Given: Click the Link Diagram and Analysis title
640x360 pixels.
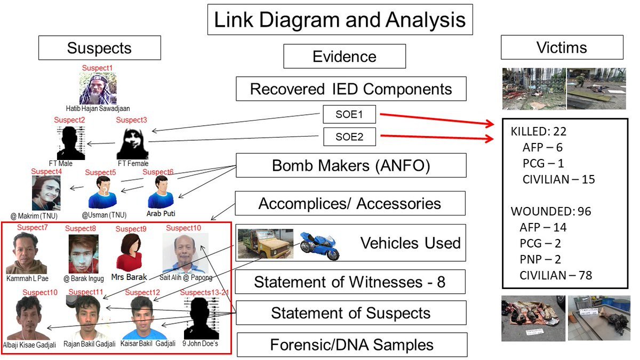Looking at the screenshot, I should pos(340,20).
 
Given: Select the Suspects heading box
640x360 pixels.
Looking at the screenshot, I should pos(99,48).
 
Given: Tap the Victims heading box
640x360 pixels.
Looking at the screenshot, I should pos(562,47).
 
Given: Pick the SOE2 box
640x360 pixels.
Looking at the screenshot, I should pos(349,137).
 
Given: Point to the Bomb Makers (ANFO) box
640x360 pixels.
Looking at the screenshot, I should pos(351,165).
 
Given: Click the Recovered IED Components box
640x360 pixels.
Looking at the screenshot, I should pos(351,89).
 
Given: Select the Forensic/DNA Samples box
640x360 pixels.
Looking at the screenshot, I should pos(351,345).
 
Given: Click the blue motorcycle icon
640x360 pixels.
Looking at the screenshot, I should pos(319,245).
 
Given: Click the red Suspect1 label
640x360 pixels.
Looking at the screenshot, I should pos(98,68).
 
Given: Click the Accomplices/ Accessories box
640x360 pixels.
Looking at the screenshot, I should pos(350,203).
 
